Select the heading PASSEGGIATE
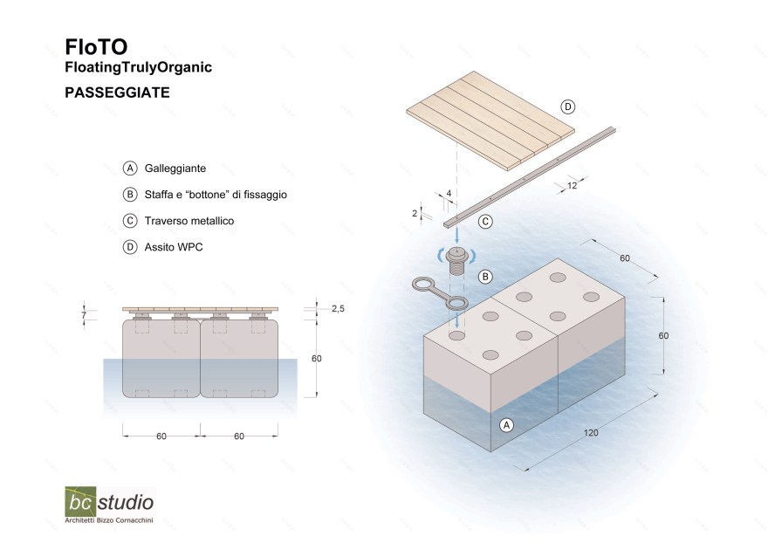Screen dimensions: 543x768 [117, 91]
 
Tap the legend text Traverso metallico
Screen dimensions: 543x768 [189, 221]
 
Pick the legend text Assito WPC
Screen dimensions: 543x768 [174, 247]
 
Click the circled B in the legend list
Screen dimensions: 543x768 [130, 195]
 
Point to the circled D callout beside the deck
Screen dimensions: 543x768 [568, 107]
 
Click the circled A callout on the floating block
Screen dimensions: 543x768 [505, 425]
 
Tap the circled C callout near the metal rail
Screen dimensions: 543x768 [484, 222]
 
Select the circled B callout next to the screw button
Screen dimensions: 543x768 [486, 276]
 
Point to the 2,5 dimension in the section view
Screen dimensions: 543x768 [338, 308]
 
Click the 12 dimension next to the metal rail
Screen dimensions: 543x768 [571, 185]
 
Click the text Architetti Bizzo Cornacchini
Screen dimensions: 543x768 [109, 521]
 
